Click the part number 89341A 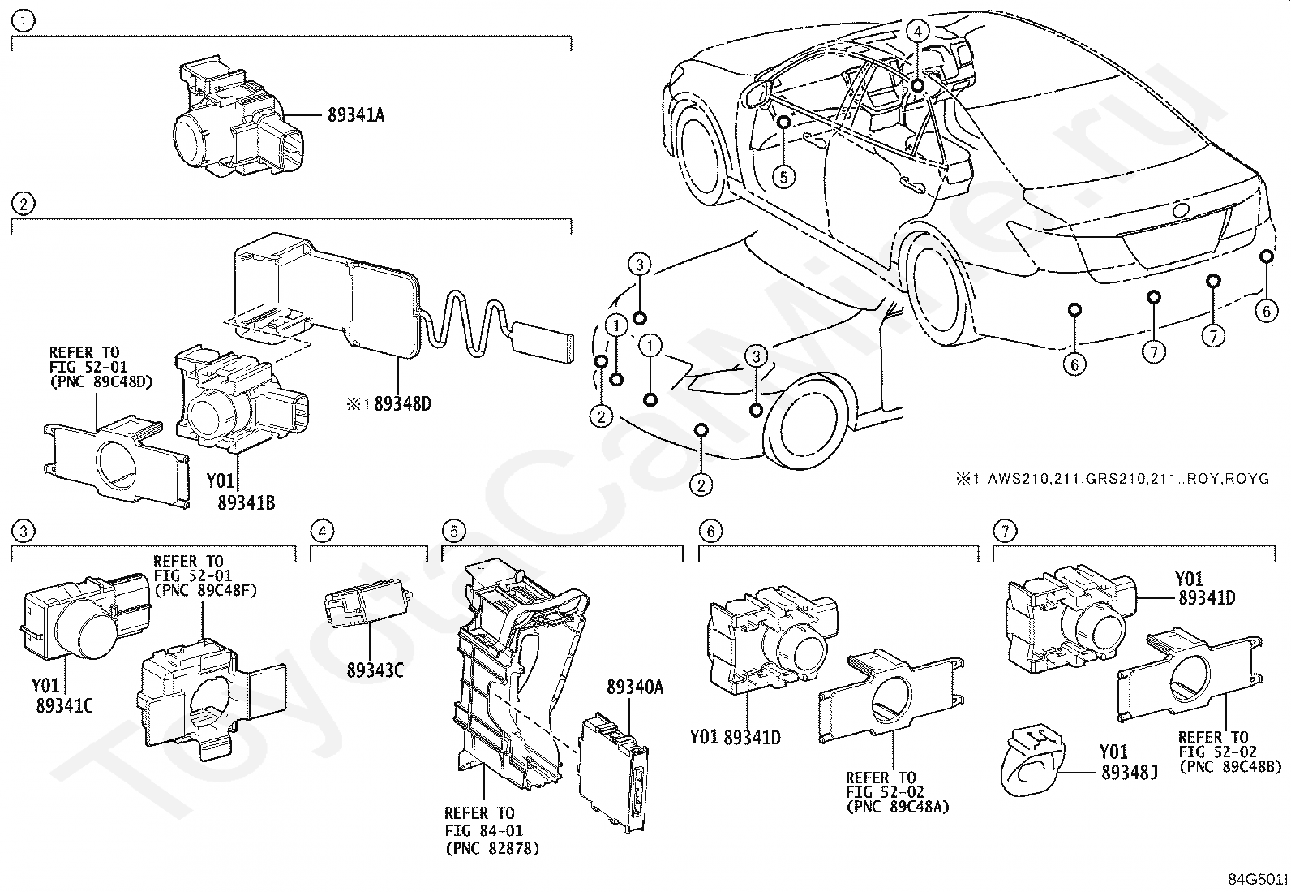356,115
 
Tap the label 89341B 246,503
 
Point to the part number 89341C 64,706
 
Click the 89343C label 375,670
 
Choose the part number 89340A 635,687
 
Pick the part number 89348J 1129,773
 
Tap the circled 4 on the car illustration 917,32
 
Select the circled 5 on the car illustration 783,175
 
